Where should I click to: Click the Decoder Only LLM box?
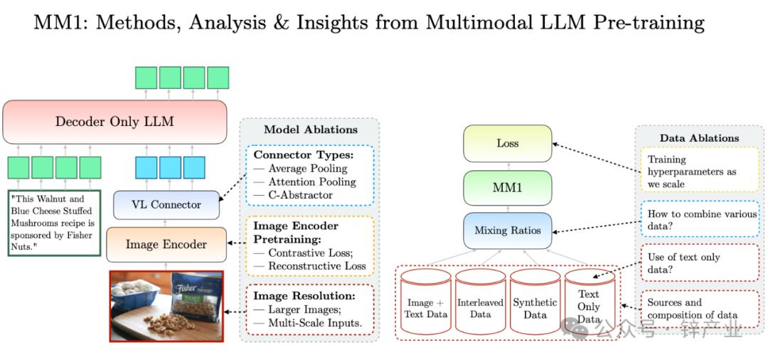(x=114, y=122)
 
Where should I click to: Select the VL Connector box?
(x=166, y=205)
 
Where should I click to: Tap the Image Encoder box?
(x=166, y=245)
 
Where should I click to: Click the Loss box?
(x=507, y=144)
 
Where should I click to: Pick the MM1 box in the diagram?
(x=507, y=189)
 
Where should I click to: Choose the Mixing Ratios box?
(x=507, y=231)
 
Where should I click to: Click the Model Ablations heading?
(x=311, y=129)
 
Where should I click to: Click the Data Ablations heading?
(x=699, y=138)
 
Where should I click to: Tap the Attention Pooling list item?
(x=307, y=182)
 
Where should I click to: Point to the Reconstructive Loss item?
(x=317, y=266)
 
